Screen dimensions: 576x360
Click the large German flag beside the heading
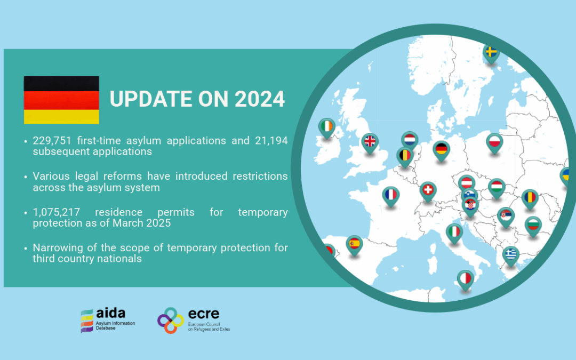pos(61,100)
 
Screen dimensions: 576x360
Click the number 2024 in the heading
pos(260,99)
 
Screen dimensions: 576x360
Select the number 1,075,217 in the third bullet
pos(56,212)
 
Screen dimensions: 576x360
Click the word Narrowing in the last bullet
pos(56,248)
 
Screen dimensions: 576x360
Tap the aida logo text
pos(110,314)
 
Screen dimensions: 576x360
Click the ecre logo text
pos(204,314)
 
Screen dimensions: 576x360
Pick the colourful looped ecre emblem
pos(171,321)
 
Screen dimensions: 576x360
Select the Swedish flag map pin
pos(491,54)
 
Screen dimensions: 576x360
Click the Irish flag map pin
pos(326,128)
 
